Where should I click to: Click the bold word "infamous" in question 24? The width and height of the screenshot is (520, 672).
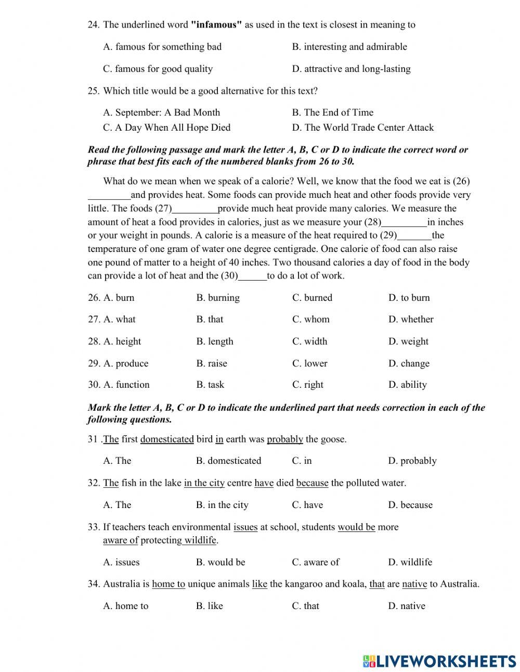coord(216,24)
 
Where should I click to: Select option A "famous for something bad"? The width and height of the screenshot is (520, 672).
coord(162,47)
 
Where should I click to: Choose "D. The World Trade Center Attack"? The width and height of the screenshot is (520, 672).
coord(362,128)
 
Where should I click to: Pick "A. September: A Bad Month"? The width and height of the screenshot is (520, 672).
coord(161,112)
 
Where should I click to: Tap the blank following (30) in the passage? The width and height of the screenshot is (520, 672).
coord(252,276)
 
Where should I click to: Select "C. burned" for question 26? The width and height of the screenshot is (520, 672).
coord(312,298)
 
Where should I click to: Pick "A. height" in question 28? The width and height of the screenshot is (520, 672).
coord(122,341)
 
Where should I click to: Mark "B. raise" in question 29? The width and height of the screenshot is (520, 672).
coord(212,363)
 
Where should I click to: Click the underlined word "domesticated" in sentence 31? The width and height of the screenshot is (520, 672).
coord(167,439)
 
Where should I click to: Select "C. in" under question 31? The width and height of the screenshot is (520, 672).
coord(302,461)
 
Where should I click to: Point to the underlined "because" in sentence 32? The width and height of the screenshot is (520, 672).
coord(312,483)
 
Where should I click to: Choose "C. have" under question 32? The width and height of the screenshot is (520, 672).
coord(307,505)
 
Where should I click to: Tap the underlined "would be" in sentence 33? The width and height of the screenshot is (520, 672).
coord(356,527)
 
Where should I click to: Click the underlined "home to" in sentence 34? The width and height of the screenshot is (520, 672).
coord(168,584)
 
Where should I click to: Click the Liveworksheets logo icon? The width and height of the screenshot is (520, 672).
coord(369,661)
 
